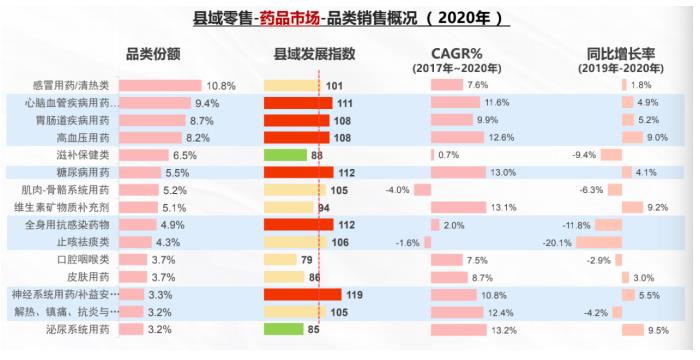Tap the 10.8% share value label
click(220, 85)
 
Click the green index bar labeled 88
click(286, 155)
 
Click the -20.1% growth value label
click(556, 242)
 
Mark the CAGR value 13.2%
click(504, 329)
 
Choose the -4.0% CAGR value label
click(397, 189)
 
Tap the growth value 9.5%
click(657, 329)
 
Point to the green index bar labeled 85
click(284, 328)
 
